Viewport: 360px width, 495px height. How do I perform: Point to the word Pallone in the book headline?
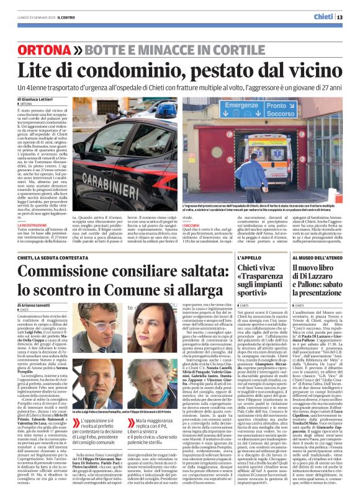tap(311, 280)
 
